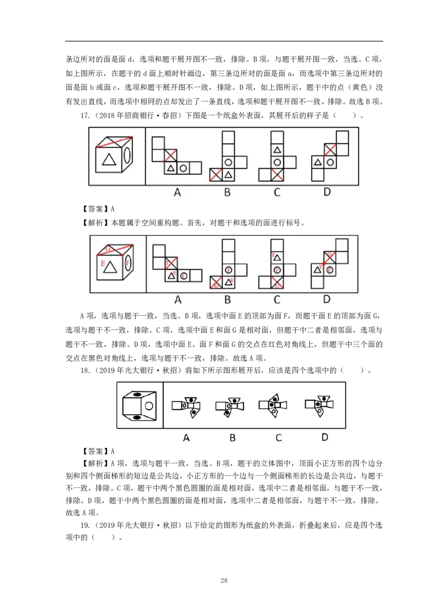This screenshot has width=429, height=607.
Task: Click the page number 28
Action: click(x=224, y=580)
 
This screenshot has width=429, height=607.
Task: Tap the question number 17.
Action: click(x=85, y=115)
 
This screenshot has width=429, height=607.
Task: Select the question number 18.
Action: click(x=85, y=370)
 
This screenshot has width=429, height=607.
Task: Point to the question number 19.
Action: click(x=85, y=525)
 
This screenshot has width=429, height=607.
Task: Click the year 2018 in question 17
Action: click(x=107, y=115)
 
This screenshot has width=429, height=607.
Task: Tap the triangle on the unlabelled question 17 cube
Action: click(x=109, y=159)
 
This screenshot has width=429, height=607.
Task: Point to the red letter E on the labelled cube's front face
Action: click(x=103, y=263)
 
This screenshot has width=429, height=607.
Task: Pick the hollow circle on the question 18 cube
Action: click(x=149, y=406)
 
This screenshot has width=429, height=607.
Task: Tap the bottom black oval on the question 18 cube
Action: click(x=137, y=417)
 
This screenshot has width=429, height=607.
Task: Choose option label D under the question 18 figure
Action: click(x=325, y=437)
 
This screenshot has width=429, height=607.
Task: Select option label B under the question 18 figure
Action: click(x=233, y=438)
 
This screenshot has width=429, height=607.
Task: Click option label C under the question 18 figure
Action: click(x=278, y=438)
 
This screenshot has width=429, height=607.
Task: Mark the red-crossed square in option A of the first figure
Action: click(x=171, y=155)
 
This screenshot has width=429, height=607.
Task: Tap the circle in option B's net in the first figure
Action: click(x=228, y=162)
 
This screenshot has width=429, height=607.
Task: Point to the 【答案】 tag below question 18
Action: click(x=92, y=451)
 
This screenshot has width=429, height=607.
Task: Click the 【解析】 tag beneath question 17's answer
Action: click(x=92, y=222)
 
